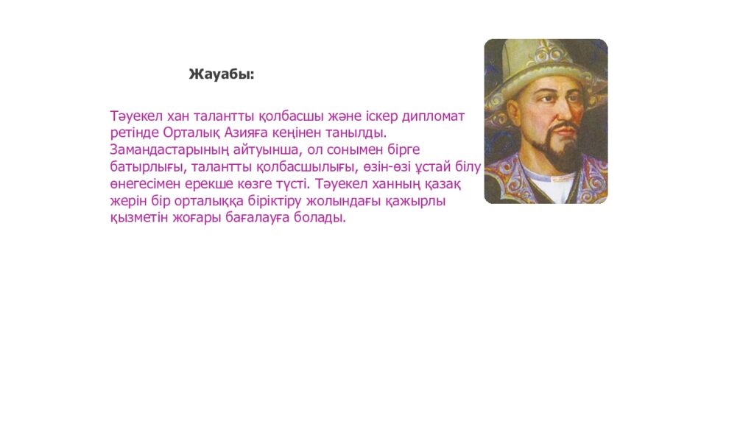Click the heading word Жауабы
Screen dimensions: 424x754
tap(221, 74)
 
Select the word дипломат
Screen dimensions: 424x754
tap(432, 117)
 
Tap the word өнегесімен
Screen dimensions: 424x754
tap(144, 184)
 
